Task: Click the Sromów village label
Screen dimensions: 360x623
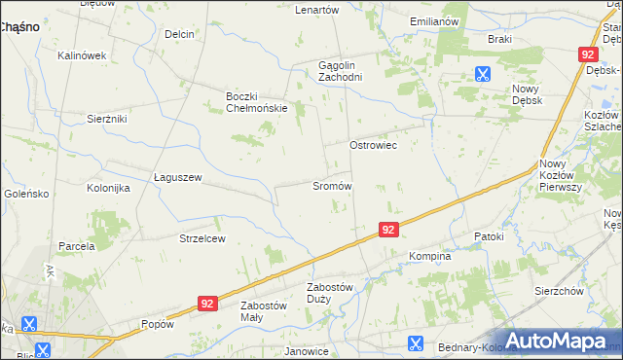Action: pyautogui.click(x=331, y=186)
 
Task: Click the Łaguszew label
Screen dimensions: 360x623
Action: pyautogui.click(x=178, y=177)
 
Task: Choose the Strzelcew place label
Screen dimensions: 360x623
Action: pyautogui.click(x=202, y=238)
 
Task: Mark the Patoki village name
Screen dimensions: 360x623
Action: pyautogui.click(x=489, y=236)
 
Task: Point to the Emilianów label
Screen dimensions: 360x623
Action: pyautogui.click(x=434, y=20)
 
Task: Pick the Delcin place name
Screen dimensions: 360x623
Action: pyautogui.click(x=180, y=34)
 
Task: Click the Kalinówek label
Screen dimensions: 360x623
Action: pyautogui.click(x=81, y=55)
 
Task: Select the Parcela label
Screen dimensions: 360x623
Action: pyautogui.click(x=76, y=246)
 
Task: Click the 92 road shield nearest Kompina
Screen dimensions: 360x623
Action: pyautogui.click(x=388, y=230)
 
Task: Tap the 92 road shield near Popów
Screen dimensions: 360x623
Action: pyautogui.click(x=205, y=304)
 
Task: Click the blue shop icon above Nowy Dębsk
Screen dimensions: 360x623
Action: pyautogui.click(x=482, y=72)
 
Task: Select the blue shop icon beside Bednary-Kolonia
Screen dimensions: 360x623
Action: pyautogui.click(x=415, y=342)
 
